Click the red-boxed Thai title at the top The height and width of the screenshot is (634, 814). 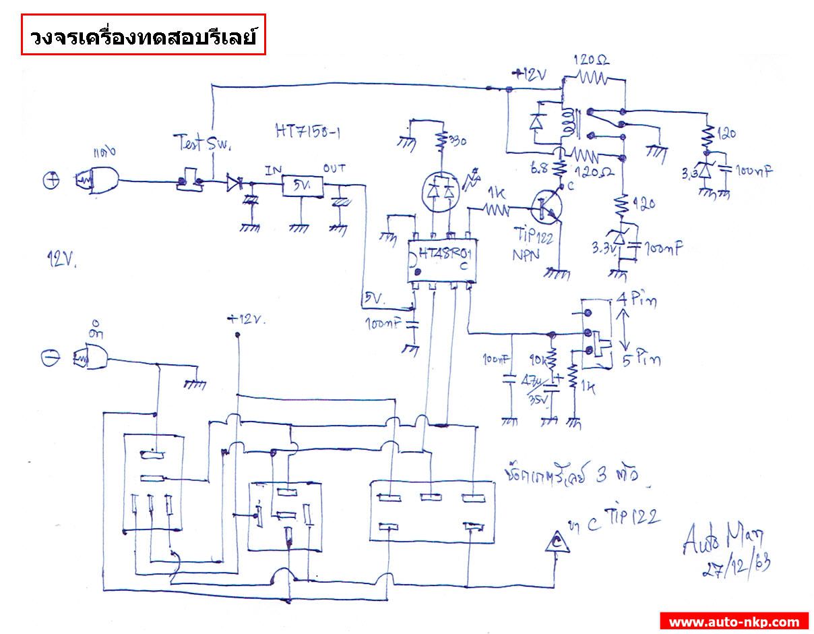coord(143,35)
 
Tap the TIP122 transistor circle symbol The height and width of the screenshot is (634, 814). coord(545,206)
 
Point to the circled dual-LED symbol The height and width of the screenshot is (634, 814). coord(441,192)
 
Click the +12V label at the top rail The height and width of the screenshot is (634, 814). coord(532,75)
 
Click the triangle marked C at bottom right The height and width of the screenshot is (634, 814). coord(557,541)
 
